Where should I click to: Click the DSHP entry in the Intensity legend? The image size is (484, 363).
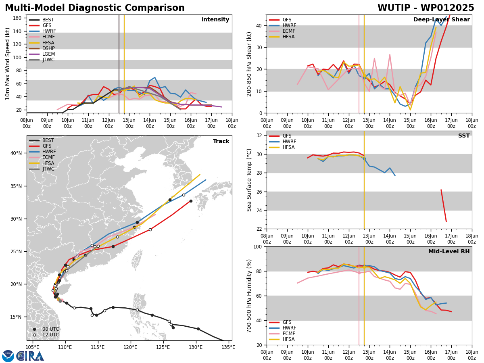point(42,48)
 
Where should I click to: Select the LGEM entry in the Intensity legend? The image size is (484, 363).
point(42,54)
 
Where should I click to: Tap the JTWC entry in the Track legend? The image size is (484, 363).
point(42,169)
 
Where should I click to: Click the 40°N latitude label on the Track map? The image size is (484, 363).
point(16,153)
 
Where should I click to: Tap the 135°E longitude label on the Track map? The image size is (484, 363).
point(228,347)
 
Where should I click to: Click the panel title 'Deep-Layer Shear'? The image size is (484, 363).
point(441,20)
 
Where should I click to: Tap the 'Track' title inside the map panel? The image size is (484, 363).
point(221,141)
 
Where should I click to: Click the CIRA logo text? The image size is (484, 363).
point(30,356)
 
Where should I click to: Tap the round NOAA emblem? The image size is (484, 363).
point(8,356)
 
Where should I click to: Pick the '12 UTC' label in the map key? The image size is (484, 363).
point(51,335)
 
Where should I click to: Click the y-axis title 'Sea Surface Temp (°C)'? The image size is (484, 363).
point(249,180)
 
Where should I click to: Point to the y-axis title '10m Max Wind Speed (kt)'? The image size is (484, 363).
point(7,64)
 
